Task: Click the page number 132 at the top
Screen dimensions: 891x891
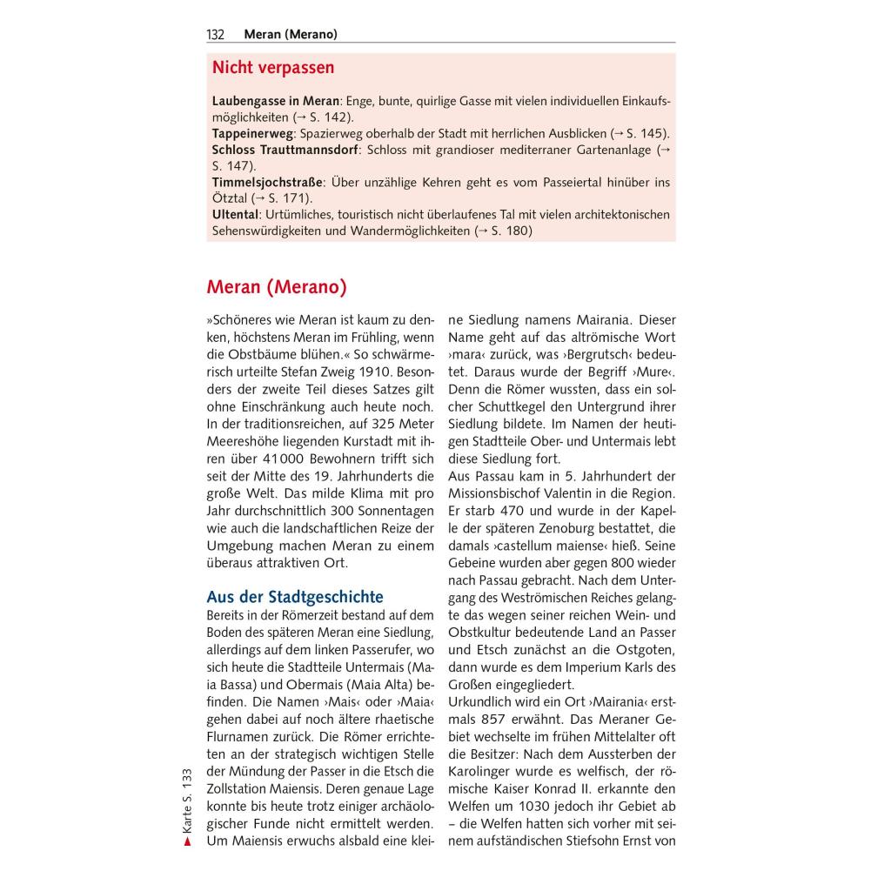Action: (215, 35)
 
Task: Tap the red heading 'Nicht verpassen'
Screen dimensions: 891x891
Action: (273, 68)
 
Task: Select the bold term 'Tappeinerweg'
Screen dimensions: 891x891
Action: (252, 134)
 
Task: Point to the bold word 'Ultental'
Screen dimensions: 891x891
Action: (236, 214)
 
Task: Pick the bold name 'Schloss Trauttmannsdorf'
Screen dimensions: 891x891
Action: (285, 151)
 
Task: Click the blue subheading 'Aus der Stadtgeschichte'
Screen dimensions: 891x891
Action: (295, 597)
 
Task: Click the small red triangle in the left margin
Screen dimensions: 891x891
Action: (186, 841)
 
